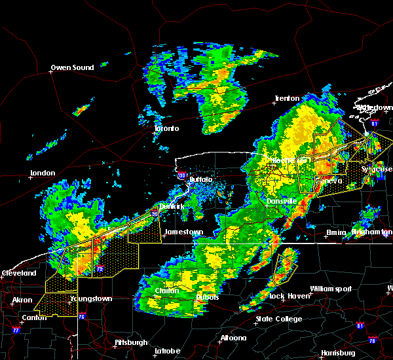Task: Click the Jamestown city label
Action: (x=183, y=232)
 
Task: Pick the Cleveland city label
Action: (x=18, y=272)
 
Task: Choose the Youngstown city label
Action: (x=92, y=298)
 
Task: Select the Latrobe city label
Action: (x=167, y=351)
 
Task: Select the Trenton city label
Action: (x=287, y=98)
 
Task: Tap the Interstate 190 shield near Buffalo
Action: (x=181, y=175)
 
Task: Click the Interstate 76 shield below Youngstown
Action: (x=82, y=317)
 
